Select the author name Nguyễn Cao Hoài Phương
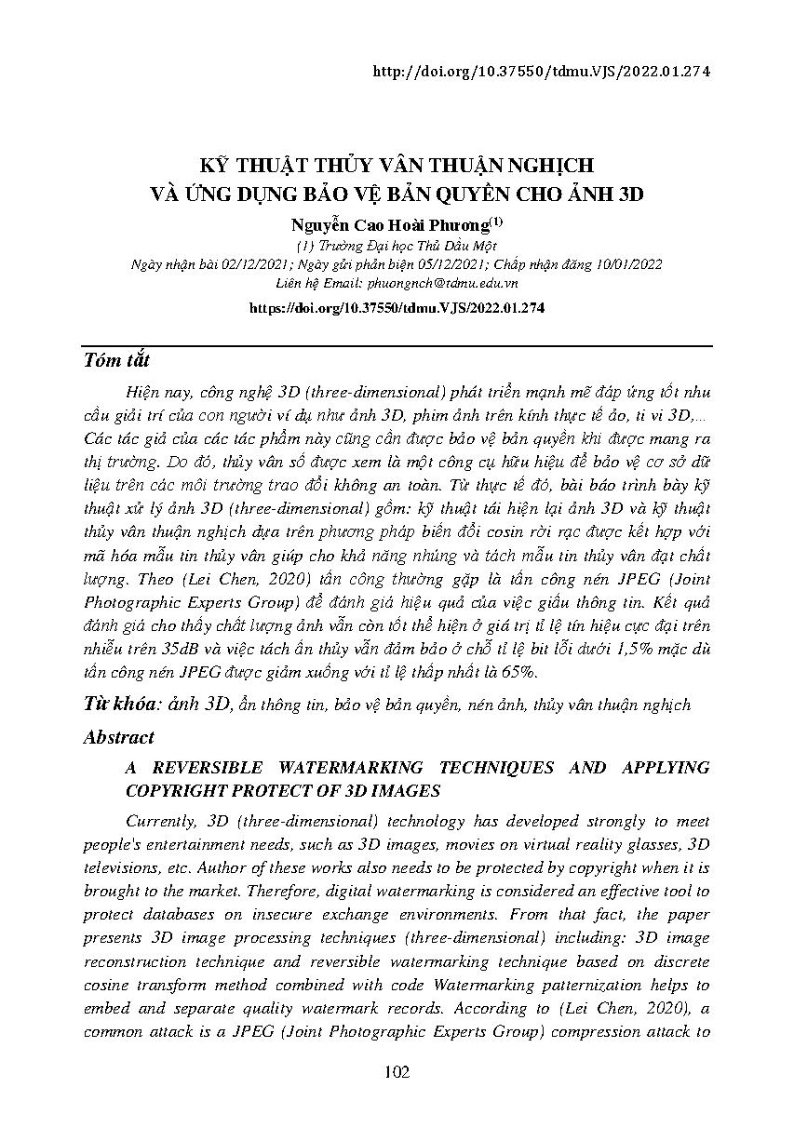[391, 226]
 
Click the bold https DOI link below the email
[397, 306]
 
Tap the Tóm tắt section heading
[116, 361]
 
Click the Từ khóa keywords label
[123, 705]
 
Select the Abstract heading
[118, 737]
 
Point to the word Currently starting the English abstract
[158, 821]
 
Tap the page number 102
[397, 1073]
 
